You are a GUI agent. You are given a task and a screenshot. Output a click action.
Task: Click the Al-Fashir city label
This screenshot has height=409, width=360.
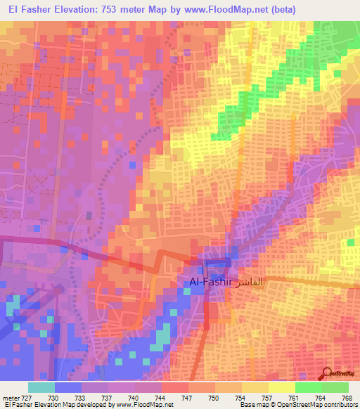[x=210, y=281]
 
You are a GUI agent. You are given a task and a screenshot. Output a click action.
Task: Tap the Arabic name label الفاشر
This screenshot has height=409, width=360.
[x=251, y=281]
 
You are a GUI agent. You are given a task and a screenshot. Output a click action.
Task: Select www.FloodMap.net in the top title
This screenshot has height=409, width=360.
[x=222, y=9]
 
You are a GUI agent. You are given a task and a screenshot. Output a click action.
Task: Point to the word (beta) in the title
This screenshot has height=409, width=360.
[x=281, y=9]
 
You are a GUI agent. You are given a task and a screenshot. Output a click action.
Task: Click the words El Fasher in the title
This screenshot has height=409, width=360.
[x=31, y=9]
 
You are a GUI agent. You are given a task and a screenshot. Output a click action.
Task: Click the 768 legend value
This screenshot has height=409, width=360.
[x=347, y=397]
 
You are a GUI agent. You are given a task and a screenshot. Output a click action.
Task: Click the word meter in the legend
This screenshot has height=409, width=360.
[x=10, y=397]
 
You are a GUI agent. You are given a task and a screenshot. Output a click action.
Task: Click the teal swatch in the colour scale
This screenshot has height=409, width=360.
[x=41, y=387]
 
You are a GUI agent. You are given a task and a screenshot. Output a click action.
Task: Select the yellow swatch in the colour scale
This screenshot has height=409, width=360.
[x=281, y=387]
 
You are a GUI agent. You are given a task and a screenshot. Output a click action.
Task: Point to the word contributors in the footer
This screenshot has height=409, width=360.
[x=339, y=405]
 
